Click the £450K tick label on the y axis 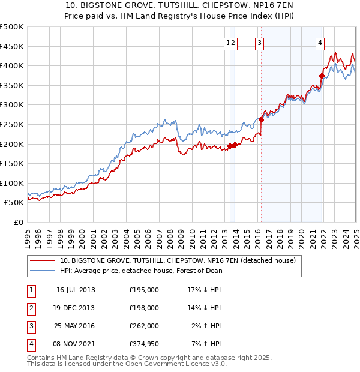[x=13, y=46]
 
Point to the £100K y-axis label [x=13, y=183]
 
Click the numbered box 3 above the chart [x=259, y=43]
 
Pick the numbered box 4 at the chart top [x=320, y=43]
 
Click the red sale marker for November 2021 [x=322, y=76]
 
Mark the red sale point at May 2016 [x=262, y=119]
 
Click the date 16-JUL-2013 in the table [x=76, y=290]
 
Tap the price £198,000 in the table [x=144, y=308]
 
